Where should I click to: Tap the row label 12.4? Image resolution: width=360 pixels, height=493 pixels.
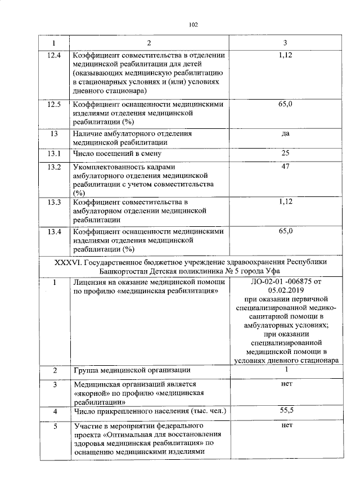(x=54, y=55)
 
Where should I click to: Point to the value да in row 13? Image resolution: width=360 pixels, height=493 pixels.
(x=285, y=134)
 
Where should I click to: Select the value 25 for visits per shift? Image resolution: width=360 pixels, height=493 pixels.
(x=285, y=153)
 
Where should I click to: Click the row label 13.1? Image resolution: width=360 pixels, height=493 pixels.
(x=54, y=153)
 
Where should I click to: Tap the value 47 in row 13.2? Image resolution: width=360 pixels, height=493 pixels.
(x=285, y=167)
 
